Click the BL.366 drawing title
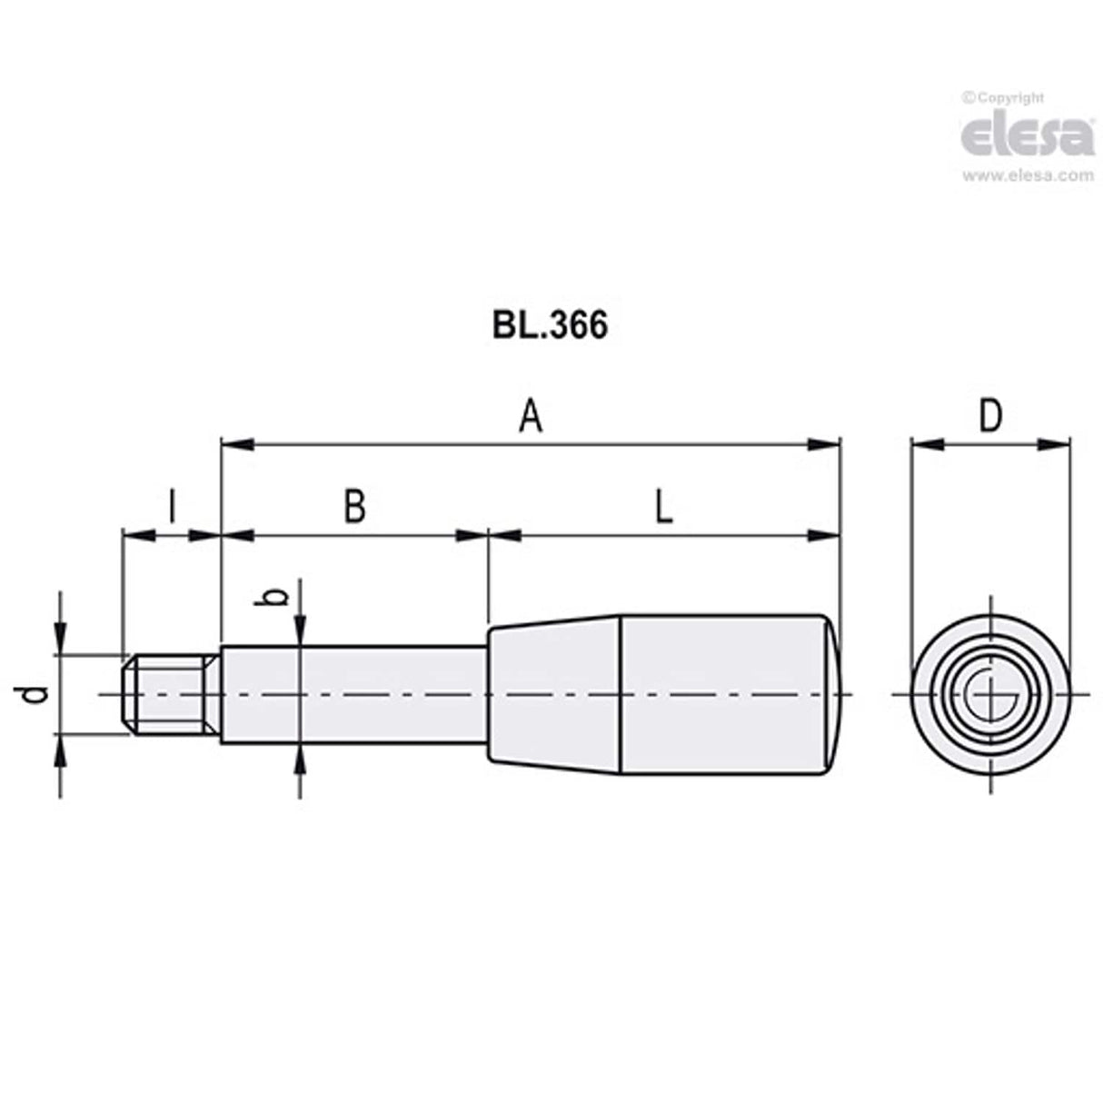(550, 325)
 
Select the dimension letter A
(530, 418)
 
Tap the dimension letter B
(354, 507)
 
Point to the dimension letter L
(664, 507)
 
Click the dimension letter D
(989, 416)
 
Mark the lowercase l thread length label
(171, 507)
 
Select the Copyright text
(1003, 98)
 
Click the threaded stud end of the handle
(171, 695)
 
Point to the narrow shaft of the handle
(354, 695)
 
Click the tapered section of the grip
(554, 695)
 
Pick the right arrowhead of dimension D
(1054, 444)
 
